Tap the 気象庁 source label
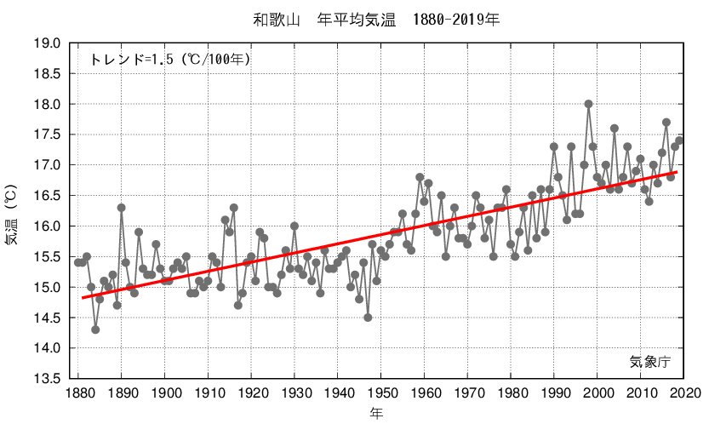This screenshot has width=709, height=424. pos(651,362)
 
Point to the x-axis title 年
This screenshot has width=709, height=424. pos(376,413)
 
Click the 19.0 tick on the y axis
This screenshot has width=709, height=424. pos(48,43)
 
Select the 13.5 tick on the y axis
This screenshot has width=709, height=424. pos(48,378)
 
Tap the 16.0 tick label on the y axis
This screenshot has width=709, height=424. pos(48,226)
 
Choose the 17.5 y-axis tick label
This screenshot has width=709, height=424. pos(48,135)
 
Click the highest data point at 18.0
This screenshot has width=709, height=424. pos(589,104)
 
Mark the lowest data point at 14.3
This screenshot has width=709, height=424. pos(95,329)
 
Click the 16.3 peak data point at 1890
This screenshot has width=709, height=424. pos(122,208)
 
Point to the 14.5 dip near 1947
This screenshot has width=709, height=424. pos(368,318)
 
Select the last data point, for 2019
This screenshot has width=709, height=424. pos(679,140)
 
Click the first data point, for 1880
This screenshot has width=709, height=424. pos(78,262)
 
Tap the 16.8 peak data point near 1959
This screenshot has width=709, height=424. pos(420,177)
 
